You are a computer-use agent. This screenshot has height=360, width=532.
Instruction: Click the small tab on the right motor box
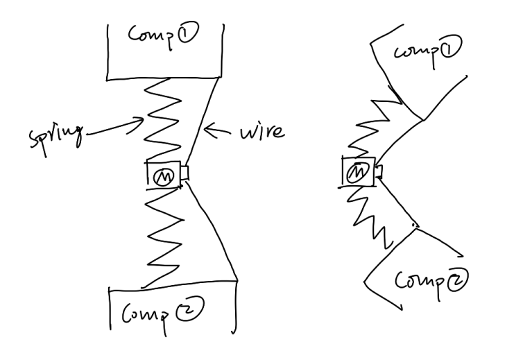point(377,169)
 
